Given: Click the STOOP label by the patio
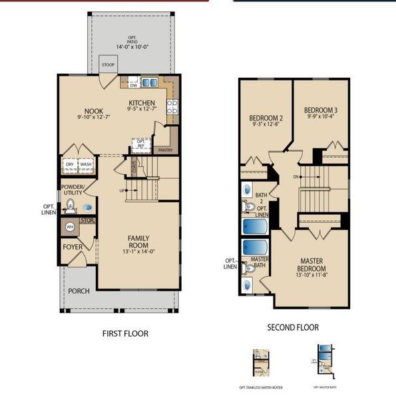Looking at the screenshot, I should tap(108, 65).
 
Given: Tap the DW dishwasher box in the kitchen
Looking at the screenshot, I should tap(133, 84).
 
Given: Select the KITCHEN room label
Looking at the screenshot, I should tap(142, 103).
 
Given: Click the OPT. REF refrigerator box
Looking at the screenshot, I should tap(141, 142).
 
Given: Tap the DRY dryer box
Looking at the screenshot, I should tap(70, 164).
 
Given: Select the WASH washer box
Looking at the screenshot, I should tap(86, 164).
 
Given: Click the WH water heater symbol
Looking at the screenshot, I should tap(69, 227).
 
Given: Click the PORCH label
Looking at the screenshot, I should tap(78, 291).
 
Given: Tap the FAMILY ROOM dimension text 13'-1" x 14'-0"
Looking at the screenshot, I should tap(138, 252).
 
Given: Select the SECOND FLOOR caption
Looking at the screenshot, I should tap(293, 327).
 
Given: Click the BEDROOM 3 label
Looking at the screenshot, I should tap(321, 110).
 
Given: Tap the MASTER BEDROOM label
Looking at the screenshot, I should tap(311, 264).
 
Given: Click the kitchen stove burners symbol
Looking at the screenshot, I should tap(172, 106).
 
